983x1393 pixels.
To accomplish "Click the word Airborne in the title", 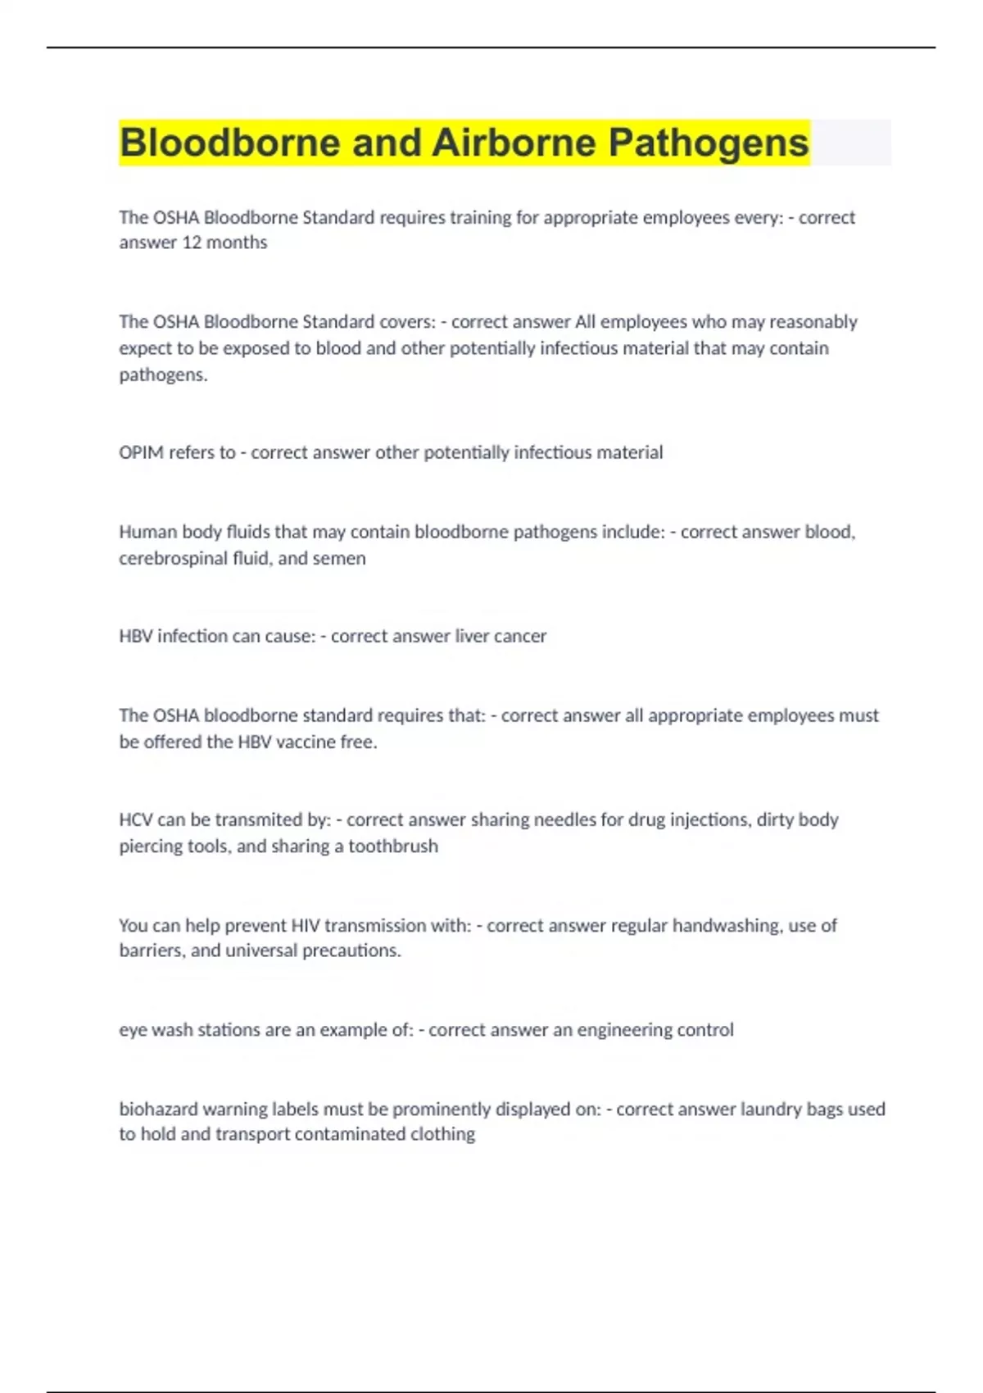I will pos(514,143).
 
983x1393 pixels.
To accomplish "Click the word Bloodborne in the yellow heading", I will pos(230,143).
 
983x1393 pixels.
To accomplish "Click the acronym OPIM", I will pos(142,452).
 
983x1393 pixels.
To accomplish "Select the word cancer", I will pos(520,636).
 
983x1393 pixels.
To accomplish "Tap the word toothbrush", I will pos(393,846).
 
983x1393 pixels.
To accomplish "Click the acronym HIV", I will pos(306,925).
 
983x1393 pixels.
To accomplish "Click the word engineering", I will pos(623,1029).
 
